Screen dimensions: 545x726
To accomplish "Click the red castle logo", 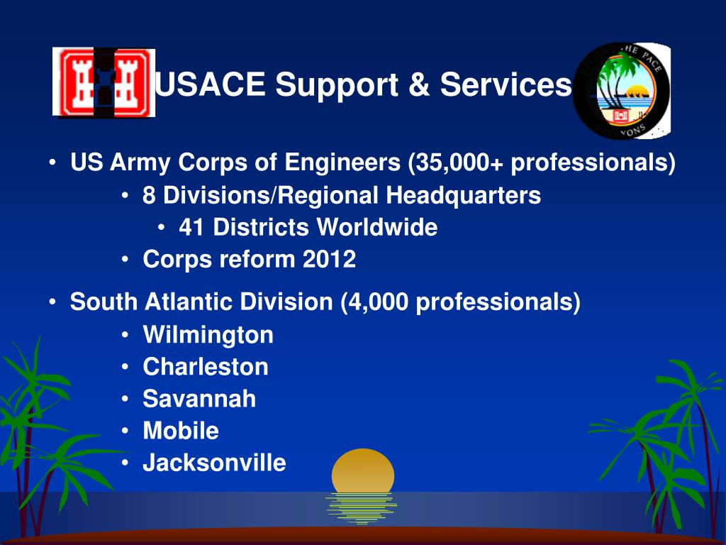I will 104,82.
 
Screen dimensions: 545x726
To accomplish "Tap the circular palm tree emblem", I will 622,90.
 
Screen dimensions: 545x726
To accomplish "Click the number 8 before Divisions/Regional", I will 148,196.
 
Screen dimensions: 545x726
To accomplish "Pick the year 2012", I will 330,260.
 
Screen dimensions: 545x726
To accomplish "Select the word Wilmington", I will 208,335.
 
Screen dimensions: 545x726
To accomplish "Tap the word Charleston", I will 206,367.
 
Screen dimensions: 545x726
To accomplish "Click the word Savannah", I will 199,399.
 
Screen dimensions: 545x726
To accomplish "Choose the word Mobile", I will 181,431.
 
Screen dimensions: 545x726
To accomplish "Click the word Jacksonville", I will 214,463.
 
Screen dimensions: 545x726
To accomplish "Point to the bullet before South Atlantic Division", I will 54,304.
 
